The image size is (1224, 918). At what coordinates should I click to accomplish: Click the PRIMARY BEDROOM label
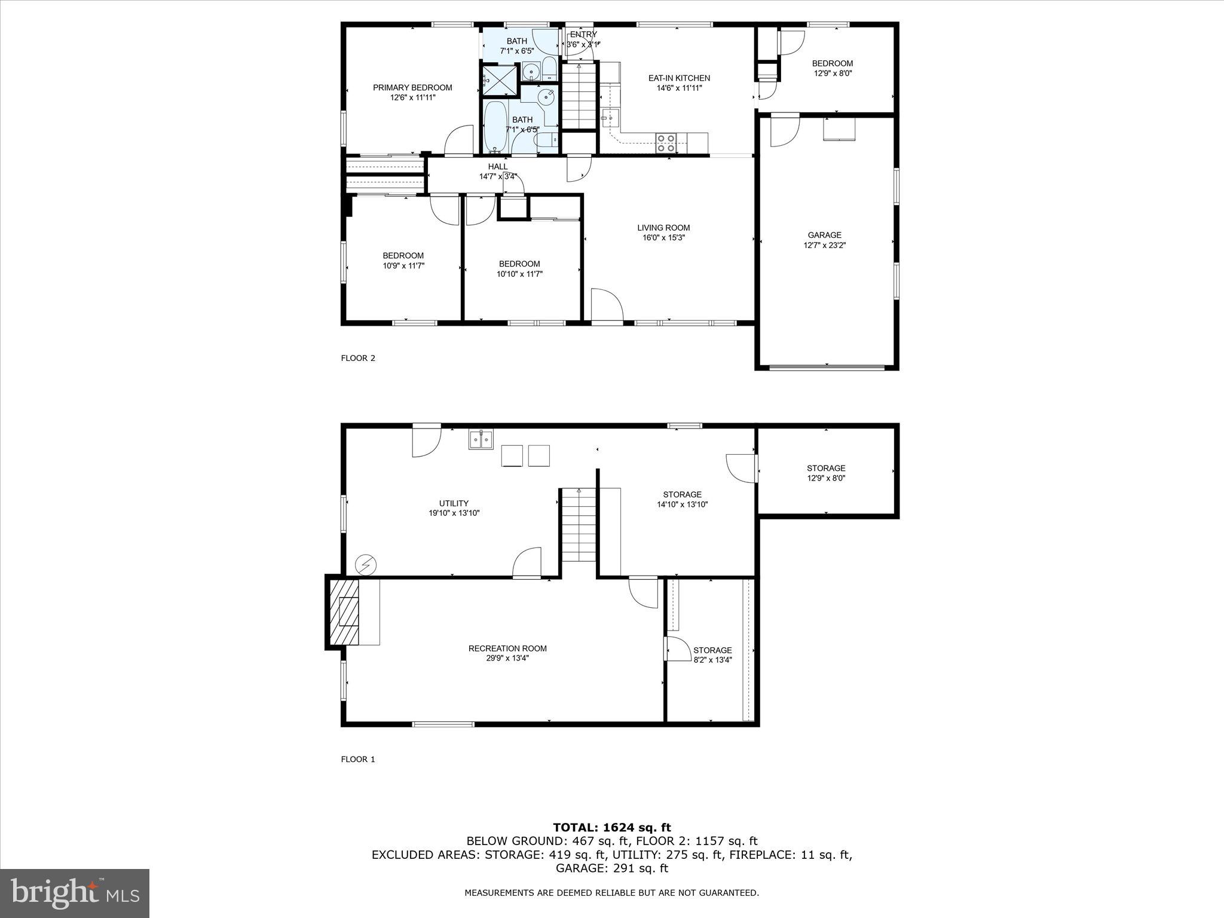412,88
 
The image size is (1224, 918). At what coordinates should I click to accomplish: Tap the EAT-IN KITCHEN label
679,78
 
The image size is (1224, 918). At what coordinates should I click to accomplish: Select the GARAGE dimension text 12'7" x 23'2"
825,245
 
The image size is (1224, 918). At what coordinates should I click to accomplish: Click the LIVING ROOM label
663,228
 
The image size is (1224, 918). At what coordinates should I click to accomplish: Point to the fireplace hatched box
343,611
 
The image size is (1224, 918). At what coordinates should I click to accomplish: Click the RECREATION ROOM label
507,648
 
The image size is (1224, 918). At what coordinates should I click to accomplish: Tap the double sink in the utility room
481,439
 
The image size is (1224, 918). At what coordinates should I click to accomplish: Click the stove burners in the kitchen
666,143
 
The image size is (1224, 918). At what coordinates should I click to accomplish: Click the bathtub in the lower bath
495,127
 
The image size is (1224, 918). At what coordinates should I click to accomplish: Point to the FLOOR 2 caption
358,359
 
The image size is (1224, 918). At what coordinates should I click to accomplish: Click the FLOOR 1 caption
358,760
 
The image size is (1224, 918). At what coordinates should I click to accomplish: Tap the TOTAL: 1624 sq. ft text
611,828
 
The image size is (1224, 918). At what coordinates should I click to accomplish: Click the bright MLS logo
75,893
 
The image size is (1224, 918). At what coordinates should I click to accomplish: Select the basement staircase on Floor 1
579,525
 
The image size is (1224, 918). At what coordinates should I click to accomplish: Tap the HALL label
498,167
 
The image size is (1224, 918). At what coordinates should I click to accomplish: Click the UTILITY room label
454,503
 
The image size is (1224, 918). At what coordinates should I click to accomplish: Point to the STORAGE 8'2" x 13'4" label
712,650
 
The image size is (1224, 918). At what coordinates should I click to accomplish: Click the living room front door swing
607,305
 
